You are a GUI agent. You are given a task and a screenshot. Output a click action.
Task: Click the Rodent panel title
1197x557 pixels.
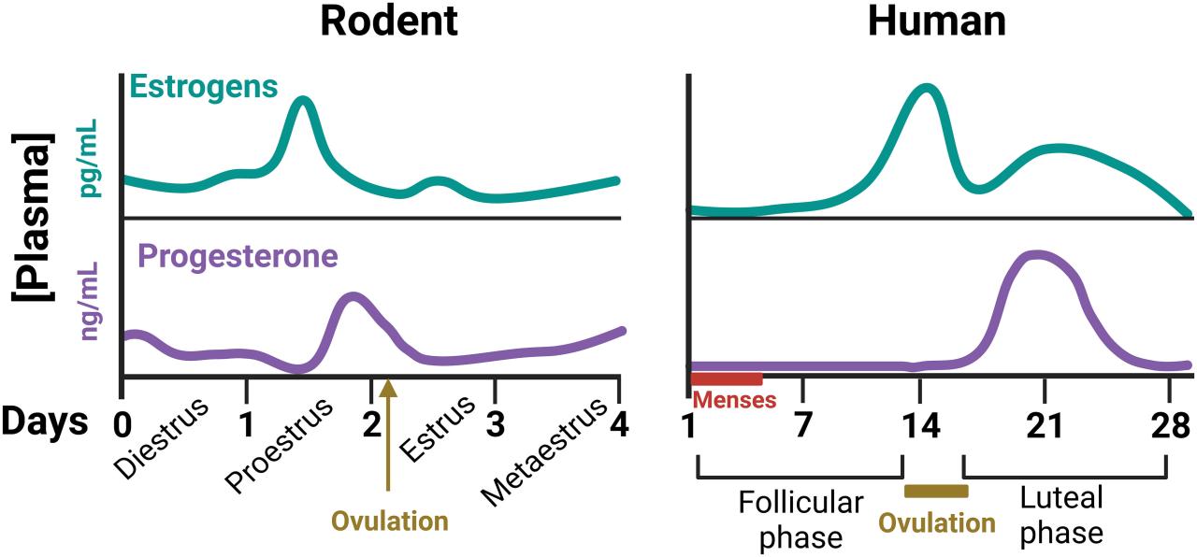[389, 21]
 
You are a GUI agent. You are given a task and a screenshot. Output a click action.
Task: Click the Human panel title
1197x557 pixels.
[937, 21]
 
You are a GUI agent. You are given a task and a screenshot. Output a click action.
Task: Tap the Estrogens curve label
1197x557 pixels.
[204, 87]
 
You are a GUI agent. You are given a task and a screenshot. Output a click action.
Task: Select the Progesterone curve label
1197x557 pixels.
[238, 255]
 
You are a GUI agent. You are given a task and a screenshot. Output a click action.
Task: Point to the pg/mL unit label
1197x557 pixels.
[91, 163]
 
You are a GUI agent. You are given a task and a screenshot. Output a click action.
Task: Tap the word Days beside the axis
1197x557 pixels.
[44, 422]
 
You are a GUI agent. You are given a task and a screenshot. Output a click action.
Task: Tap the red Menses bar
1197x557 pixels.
[727, 378]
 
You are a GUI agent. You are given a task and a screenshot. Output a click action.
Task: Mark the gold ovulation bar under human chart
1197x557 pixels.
[936, 491]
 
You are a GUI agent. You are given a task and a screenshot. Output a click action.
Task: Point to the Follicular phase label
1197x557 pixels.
[800, 520]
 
